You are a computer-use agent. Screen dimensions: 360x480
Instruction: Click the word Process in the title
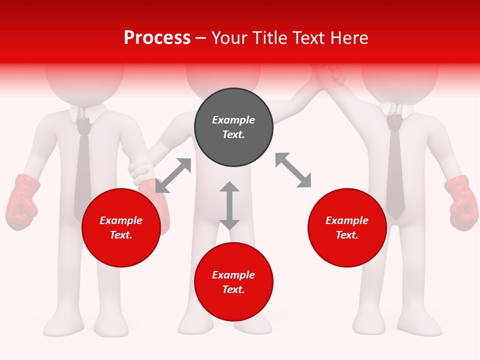157,38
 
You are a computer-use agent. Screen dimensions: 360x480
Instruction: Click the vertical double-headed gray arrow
229,205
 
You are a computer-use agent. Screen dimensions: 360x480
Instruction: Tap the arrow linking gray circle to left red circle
173,175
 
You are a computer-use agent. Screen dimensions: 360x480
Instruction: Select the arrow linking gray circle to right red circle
293,170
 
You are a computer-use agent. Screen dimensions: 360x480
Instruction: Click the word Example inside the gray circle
233,120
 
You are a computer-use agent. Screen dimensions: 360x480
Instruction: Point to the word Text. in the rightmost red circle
347,235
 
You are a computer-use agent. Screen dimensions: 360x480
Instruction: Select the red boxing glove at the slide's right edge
460,202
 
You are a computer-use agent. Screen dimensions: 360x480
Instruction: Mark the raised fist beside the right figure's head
332,75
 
